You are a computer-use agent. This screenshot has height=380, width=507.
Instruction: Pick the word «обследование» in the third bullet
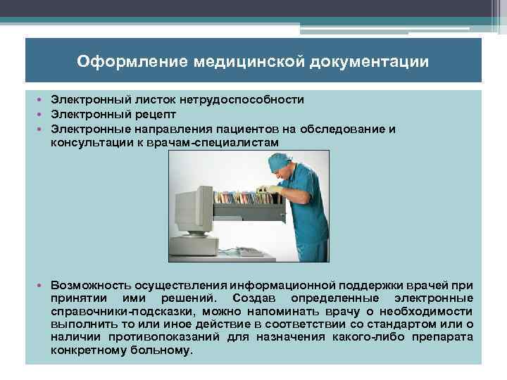(x=339, y=129)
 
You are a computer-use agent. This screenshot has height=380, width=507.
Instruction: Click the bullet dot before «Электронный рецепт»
(x=42, y=114)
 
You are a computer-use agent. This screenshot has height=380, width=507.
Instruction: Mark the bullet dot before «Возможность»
(x=42, y=284)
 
